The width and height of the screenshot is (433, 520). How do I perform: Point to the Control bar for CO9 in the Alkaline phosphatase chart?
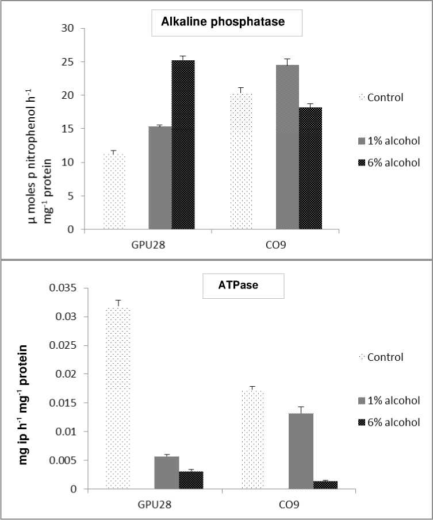point(241,161)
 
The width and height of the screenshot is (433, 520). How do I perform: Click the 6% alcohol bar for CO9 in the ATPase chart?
point(325,485)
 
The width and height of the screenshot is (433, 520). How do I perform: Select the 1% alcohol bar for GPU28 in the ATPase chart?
point(166,472)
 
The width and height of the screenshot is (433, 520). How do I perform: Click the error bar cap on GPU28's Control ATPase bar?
point(118,301)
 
